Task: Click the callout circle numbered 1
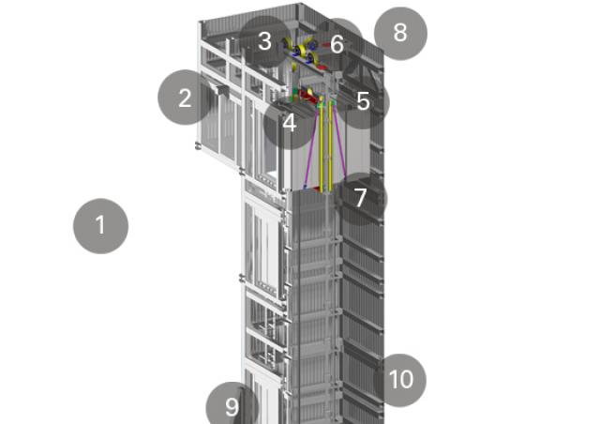tap(100, 226)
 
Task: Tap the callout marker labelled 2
tap(185, 98)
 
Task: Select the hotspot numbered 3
tap(265, 41)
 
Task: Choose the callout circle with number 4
tap(290, 123)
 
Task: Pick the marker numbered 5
tap(363, 102)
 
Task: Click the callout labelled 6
tap(337, 44)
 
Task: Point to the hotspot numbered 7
tap(361, 199)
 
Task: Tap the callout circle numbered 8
tap(400, 34)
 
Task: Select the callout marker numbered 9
tap(232, 407)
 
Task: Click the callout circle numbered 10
tap(400, 380)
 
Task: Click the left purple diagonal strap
tap(311, 147)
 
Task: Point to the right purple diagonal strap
tap(339, 144)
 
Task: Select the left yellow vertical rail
tap(322, 146)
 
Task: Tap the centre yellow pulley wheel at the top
tap(302, 51)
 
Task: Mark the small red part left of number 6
tap(325, 45)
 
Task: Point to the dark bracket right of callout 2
tap(222, 90)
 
